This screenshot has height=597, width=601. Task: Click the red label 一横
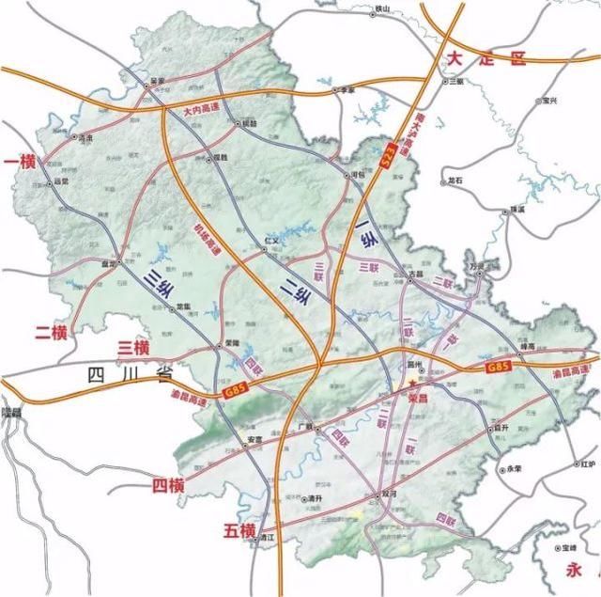click(20, 163)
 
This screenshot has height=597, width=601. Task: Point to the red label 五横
click(239, 531)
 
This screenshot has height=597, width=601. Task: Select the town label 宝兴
click(547, 100)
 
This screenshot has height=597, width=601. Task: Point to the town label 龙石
click(456, 178)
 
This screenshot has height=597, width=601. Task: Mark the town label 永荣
click(514, 469)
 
